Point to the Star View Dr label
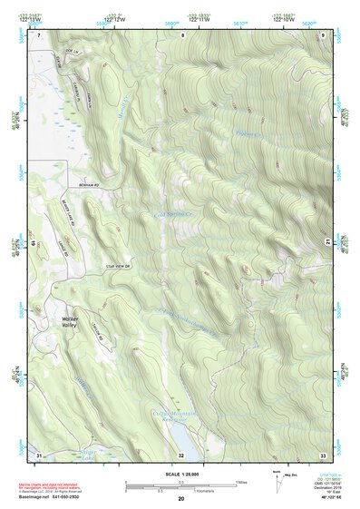(118, 266)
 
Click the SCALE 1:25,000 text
(181, 473)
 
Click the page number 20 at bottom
(181, 499)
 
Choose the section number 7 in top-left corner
(40, 34)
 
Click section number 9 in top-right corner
(323, 34)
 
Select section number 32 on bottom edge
(181, 454)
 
